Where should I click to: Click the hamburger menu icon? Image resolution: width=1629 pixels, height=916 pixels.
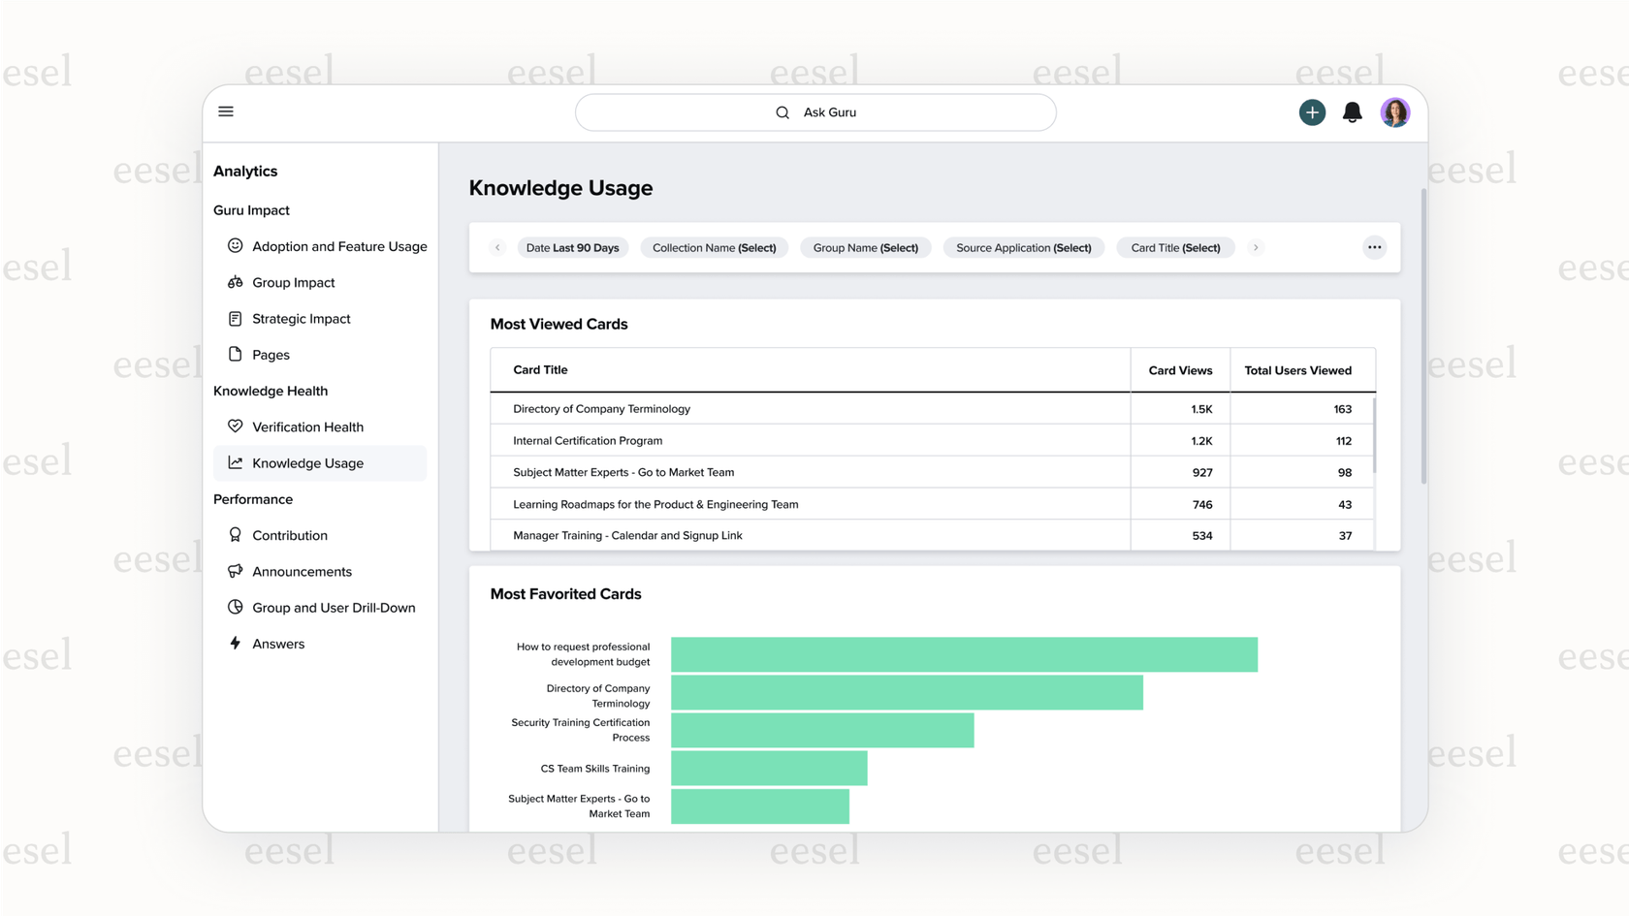pyautogui.click(x=226, y=111)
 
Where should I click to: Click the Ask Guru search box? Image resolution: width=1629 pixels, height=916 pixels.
pyautogui.click(x=815, y=112)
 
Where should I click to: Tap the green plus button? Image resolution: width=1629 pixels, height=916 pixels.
pyautogui.click(x=1312, y=112)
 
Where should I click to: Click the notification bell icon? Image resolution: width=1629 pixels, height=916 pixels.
pyautogui.click(x=1352, y=112)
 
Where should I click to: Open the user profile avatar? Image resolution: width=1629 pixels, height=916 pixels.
pyautogui.click(x=1394, y=112)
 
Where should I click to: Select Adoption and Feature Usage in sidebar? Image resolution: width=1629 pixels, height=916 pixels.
pyautogui.click(x=338, y=246)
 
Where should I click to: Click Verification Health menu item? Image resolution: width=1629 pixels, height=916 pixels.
pyautogui.click(x=307, y=426)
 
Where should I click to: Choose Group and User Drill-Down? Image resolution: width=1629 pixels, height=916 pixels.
pyautogui.click(x=333, y=608)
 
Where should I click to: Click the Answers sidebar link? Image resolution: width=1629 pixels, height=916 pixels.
pyautogui.click(x=277, y=644)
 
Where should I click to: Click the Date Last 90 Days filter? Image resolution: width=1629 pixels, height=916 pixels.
pyautogui.click(x=572, y=248)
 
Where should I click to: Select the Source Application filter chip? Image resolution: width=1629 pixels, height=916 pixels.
pyautogui.click(x=1023, y=248)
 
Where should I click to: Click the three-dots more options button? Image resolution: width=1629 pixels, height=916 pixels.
pyautogui.click(x=1374, y=247)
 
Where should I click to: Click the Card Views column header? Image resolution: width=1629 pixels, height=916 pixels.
pyautogui.click(x=1180, y=370)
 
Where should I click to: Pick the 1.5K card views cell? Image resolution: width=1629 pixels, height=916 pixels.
pyautogui.click(x=1200, y=409)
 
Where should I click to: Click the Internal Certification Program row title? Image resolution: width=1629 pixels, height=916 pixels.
pyautogui.click(x=588, y=441)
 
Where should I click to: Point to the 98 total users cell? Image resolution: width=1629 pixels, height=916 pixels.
pyautogui.click(x=1344, y=473)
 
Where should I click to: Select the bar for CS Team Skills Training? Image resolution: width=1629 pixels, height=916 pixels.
pyautogui.click(x=769, y=769)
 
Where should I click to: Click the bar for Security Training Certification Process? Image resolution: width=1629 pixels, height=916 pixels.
pyautogui.click(x=822, y=730)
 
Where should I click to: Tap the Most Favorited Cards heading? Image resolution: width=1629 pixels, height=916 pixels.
pyautogui.click(x=565, y=594)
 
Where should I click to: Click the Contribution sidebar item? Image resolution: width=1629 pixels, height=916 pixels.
pyautogui.click(x=289, y=535)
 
